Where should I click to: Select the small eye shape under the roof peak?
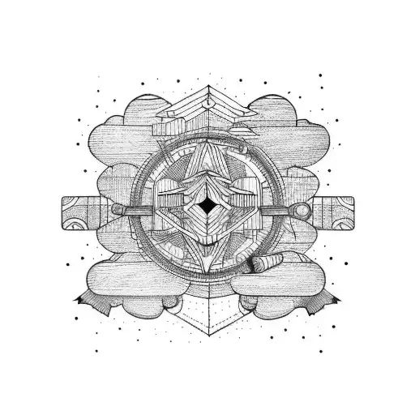pyautogui.click(x=207, y=104)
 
